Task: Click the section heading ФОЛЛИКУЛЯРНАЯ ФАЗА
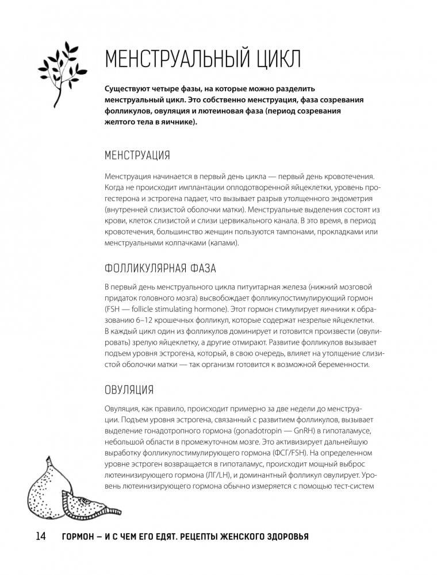point(160,268)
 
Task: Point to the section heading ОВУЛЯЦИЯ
point(129,389)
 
